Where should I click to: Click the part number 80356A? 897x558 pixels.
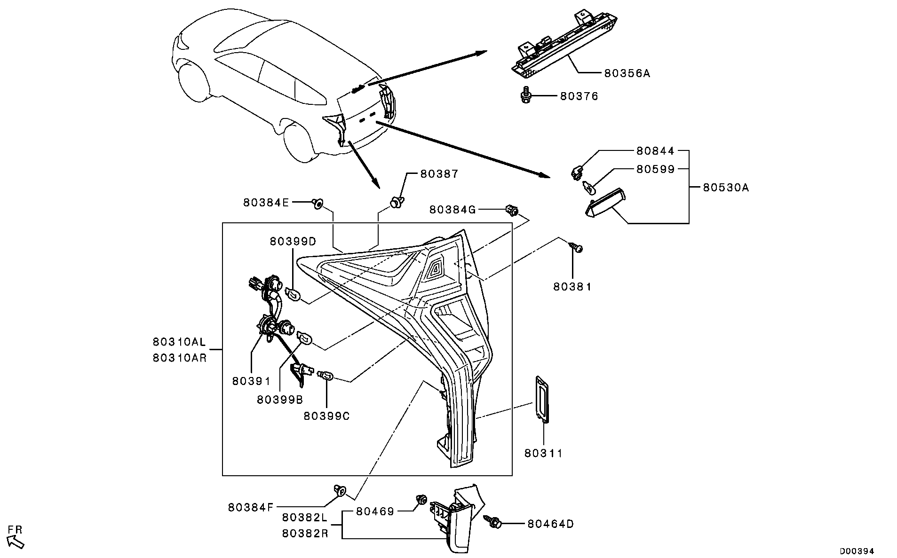(x=627, y=73)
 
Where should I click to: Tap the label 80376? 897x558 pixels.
(x=579, y=96)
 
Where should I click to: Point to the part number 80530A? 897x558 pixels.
(x=726, y=188)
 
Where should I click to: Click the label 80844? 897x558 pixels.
(x=656, y=151)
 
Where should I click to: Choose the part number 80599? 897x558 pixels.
(x=656, y=169)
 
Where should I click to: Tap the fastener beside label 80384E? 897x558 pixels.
(x=318, y=203)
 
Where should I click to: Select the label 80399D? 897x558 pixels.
(x=293, y=241)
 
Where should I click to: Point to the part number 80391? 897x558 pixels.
(x=251, y=381)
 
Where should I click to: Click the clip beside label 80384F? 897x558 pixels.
(x=340, y=490)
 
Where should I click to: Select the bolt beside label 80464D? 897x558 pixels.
(x=493, y=521)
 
